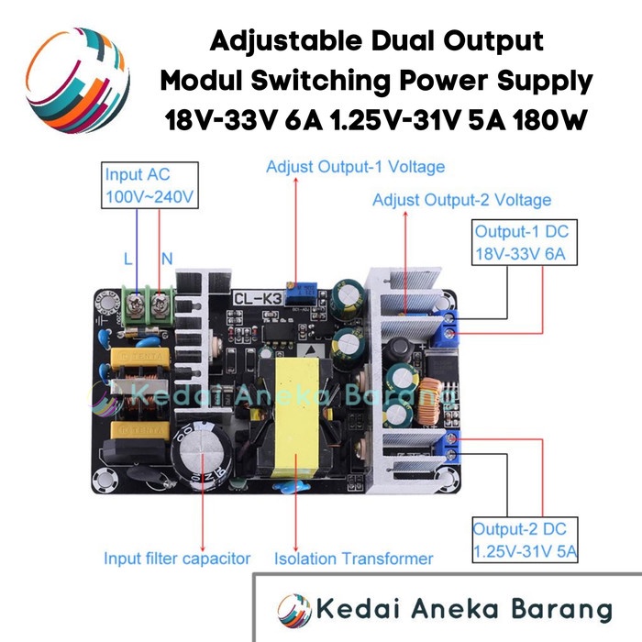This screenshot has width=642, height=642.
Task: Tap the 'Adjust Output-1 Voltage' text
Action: pyautogui.click(x=355, y=168)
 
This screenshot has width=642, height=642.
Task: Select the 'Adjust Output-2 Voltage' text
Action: pyautogui.click(x=461, y=200)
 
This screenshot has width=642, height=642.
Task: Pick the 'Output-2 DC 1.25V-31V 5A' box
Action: pyautogui.click(x=525, y=541)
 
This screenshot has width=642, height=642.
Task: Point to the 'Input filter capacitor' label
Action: pyautogui.click(x=177, y=558)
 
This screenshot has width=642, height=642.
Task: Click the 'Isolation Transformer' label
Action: pyautogui.click(x=353, y=558)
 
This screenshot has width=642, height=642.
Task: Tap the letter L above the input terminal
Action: pyautogui.click(x=127, y=260)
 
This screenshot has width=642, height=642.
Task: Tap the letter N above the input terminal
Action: pyautogui.click(x=167, y=260)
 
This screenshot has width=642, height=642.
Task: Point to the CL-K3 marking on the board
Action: pyautogui.click(x=258, y=297)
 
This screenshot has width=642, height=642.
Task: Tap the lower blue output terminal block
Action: pyautogui.click(x=452, y=448)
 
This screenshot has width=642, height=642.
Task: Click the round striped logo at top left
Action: pyautogui.click(x=75, y=79)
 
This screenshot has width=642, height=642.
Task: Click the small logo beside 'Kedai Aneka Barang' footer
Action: pyautogui.click(x=293, y=608)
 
